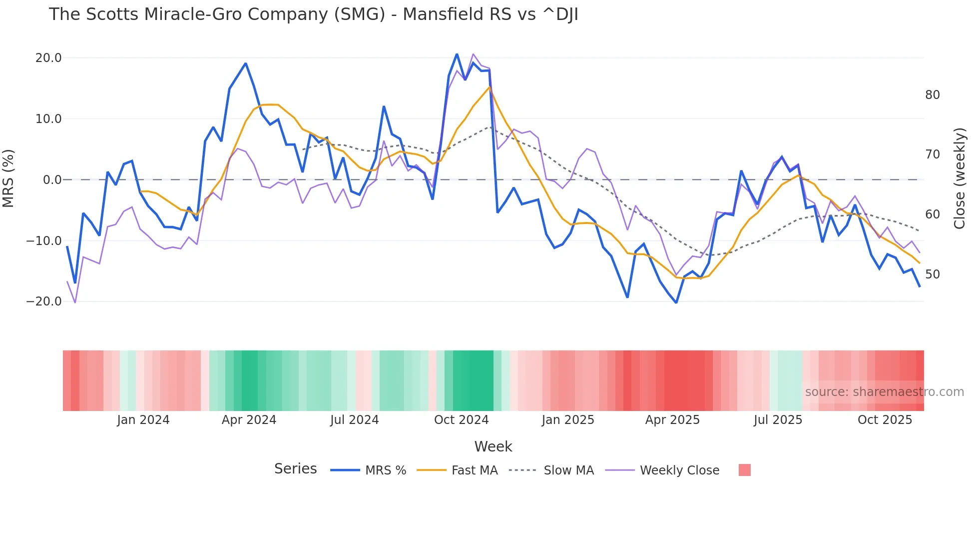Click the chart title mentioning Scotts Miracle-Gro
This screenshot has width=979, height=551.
pyautogui.click(x=313, y=14)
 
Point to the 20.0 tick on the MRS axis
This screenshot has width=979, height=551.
pyautogui.click(x=48, y=58)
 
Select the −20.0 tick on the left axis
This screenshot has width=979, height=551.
pyautogui.click(x=44, y=301)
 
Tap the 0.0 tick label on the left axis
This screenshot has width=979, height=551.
pyautogui.click(x=52, y=180)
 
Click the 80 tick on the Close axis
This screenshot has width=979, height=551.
pyautogui.click(x=932, y=95)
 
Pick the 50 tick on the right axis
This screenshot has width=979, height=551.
pyautogui.click(x=932, y=274)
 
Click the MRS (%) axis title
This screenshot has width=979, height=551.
pyautogui.click(x=8, y=178)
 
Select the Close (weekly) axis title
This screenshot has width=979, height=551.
pyautogui.click(x=959, y=178)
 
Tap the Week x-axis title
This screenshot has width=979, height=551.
pyautogui.click(x=493, y=446)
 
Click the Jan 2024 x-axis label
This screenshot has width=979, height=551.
pyautogui.click(x=143, y=420)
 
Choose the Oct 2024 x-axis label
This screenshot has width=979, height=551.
pyautogui.click(x=461, y=420)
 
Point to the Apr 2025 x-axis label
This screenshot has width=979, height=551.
pyautogui.click(x=672, y=420)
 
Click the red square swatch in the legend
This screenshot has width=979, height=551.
pyautogui.click(x=744, y=470)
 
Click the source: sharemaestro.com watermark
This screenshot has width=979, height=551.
pyautogui.click(x=884, y=392)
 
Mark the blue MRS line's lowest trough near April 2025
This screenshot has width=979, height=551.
pyautogui.click(x=676, y=302)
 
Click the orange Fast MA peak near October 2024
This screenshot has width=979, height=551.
pyautogui.click(x=489, y=87)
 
